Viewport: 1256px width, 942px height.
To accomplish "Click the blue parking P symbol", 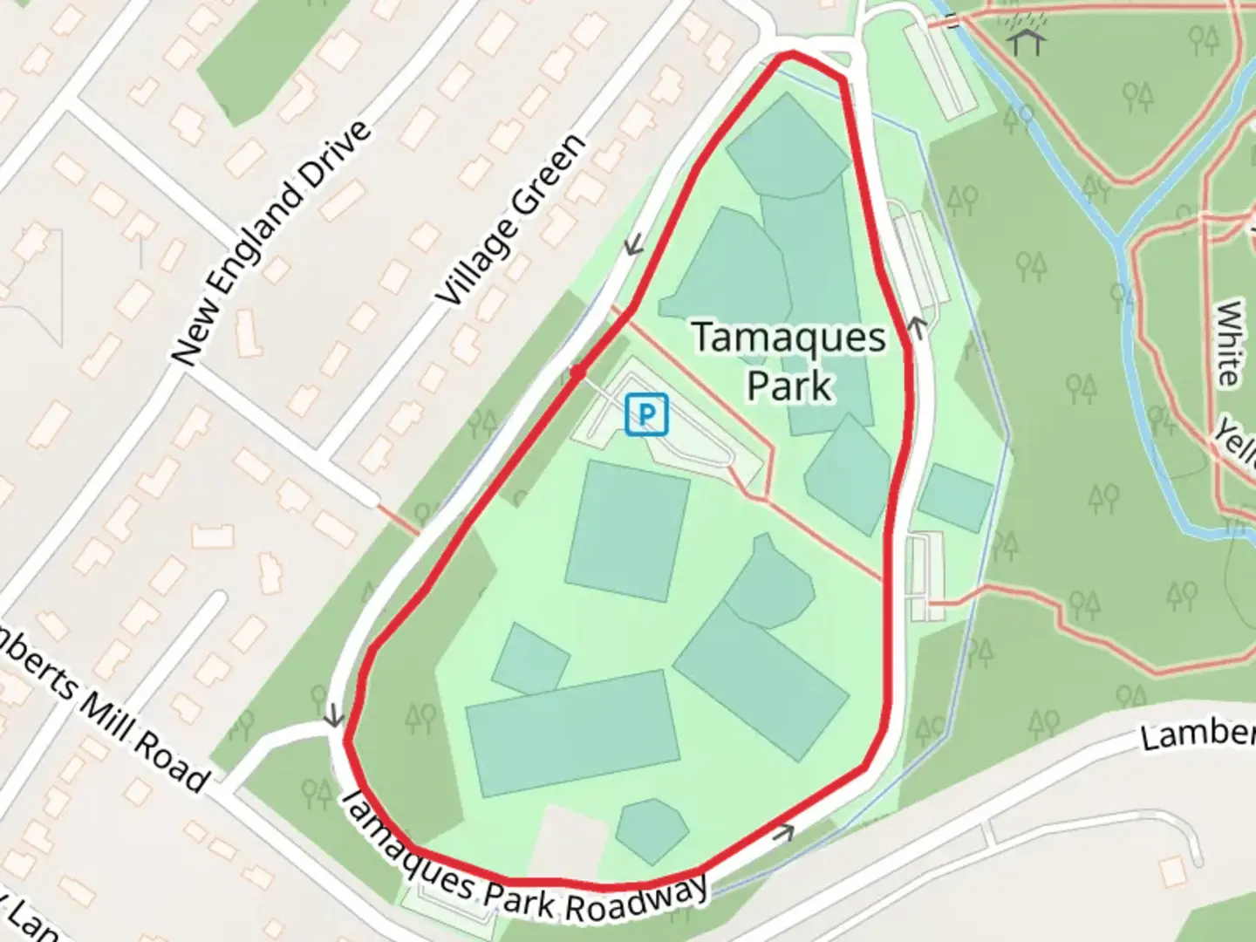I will (646, 413).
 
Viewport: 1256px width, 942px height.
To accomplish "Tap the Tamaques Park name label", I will (789, 361).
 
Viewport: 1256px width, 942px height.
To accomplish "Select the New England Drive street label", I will (271, 242).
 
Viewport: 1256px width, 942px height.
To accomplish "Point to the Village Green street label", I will (511, 220).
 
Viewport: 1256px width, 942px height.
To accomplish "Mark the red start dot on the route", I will (577, 372).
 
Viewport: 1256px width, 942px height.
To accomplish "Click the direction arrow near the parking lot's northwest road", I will (634, 245).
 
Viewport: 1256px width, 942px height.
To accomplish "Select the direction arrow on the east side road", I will (917, 327).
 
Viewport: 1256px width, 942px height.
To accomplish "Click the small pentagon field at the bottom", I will (651, 829).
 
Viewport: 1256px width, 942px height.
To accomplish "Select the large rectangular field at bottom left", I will (573, 733).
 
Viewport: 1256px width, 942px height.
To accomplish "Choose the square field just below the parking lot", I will (627, 530).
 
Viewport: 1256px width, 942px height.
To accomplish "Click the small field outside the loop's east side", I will (956, 497).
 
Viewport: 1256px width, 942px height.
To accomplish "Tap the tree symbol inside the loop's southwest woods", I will (420, 719).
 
